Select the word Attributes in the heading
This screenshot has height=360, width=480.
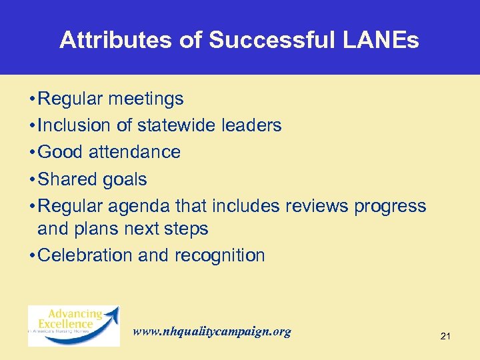[x=117, y=41]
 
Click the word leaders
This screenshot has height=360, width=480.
[x=254, y=125]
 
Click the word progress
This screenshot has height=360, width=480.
[x=390, y=207]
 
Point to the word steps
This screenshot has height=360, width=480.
[x=187, y=229]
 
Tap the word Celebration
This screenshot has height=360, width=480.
[x=88, y=255]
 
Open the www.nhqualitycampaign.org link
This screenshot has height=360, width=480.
[x=212, y=331]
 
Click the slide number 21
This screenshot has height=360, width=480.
[x=445, y=337]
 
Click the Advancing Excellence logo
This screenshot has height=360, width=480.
[x=74, y=325]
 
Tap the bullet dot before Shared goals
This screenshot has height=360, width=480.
[x=33, y=180]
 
